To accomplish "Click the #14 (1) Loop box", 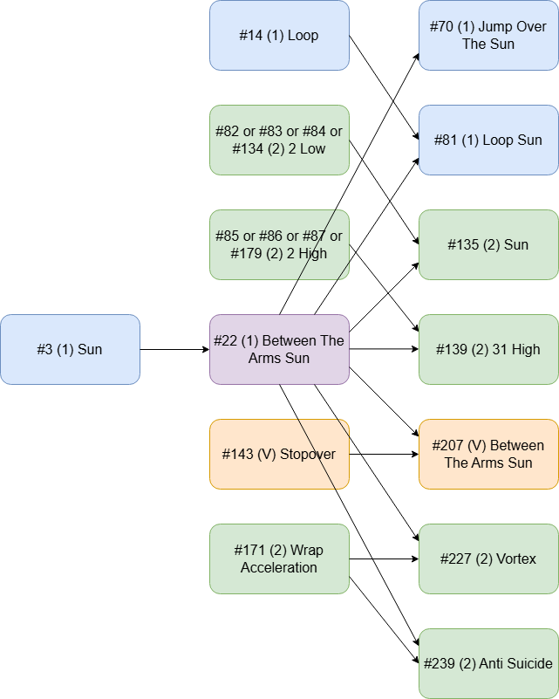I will [x=279, y=36].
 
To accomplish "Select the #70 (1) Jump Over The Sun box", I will [x=488, y=36].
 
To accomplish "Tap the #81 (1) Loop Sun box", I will [x=488, y=140].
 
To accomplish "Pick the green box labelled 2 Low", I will [x=279, y=140].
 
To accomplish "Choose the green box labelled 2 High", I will [x=279, y=244].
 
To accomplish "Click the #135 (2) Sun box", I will [x=488, y=244].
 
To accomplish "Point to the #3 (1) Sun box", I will [x=70, y=349].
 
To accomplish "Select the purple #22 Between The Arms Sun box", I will [x=279, y=349].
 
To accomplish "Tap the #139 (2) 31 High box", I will [x=488, y=349].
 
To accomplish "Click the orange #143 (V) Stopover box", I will [x=279, y=454].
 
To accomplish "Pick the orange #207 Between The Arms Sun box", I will [x=488, y=454].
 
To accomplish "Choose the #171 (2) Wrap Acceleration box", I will [x=279, y=559].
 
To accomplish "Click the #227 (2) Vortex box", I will [x=488, y=559].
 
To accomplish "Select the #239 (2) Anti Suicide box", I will [x=488, y=663].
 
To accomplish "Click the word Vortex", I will [x=515, y=559].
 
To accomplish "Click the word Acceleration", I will [x=279, y=567].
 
